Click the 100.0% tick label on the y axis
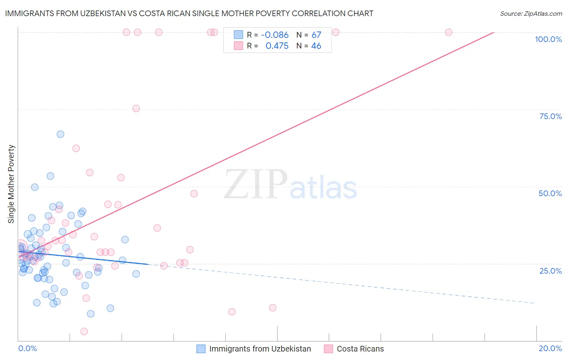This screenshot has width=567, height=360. [548, 39]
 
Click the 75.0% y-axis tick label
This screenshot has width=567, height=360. [550, 116]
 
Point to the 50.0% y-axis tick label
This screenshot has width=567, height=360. [550, 193]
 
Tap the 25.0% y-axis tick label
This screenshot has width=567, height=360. [550, 271]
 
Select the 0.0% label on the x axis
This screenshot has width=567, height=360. [27, 348]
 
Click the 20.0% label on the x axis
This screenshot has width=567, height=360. [550, 348]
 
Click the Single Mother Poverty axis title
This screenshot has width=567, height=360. [11, 184]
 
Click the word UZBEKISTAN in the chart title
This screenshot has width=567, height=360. [94, 13]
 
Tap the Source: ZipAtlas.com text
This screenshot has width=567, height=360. [531, 13]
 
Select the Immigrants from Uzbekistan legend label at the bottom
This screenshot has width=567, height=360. [260, 349]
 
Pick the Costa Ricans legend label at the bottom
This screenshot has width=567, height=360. [360, 349]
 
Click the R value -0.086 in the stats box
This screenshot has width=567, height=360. [275, 35]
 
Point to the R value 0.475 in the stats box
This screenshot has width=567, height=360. [277, 46]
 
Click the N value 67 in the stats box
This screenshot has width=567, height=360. [316, 35]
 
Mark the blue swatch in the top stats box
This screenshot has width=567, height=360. [238, 35]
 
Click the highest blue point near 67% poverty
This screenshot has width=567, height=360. [60, 134]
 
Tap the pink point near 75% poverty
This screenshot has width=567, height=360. [136, 109]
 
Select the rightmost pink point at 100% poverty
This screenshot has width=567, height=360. [448, 32]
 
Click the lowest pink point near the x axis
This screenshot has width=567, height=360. [84, 331]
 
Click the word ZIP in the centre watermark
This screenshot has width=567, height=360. [256, 184]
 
